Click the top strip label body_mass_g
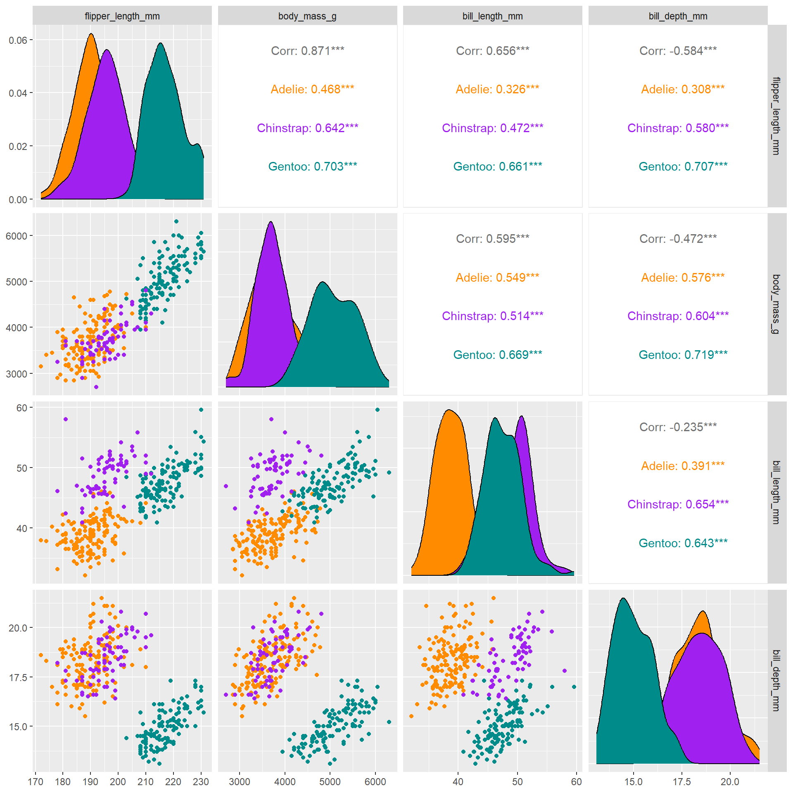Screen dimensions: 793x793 (x=307, y=16)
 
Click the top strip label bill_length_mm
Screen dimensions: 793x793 (x=492, y=16)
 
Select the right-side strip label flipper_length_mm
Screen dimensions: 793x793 (x=776, y=116)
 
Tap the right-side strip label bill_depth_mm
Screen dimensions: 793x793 (x=776, y=680)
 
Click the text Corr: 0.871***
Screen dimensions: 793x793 (x=307, y=51)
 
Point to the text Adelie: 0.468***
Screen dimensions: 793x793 (x=312, y=89)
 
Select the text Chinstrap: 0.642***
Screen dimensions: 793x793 (x=307, y=128)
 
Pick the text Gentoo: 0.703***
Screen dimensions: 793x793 (x=312, y=166)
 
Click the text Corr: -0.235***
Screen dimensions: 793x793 (x=678, y=427)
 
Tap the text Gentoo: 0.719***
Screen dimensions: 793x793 (x=683, y=355)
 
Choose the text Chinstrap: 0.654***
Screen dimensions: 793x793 (x=678, y=504)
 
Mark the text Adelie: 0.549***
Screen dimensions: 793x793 (x=497, y=278)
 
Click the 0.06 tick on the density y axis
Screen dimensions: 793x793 (x=18, y=40)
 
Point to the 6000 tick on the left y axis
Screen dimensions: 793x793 (x=16, y=236)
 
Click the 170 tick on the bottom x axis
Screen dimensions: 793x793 (x=36, y=781)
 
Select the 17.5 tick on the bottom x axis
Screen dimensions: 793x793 (x=681, y=781)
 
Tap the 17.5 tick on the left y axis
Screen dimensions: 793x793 (x=18, y=677)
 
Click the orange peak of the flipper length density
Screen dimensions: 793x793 (x=91, y=34)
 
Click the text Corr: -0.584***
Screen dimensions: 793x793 (x=678, y=51)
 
